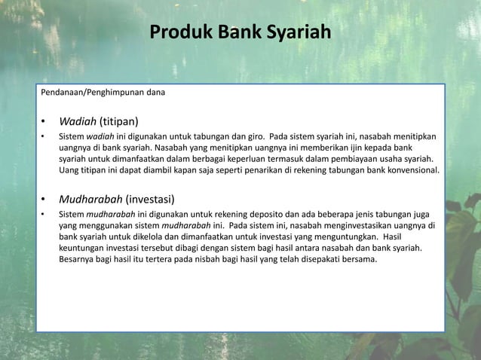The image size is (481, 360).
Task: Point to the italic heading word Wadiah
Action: click(79, 121)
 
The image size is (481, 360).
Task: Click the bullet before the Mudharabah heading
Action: click(44, 200)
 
